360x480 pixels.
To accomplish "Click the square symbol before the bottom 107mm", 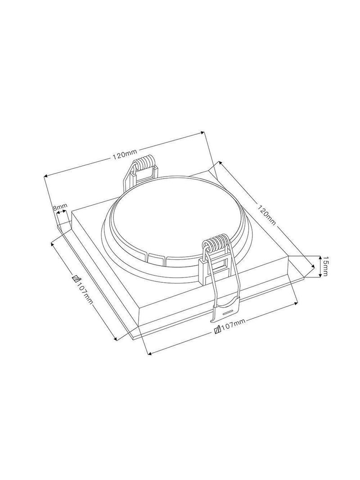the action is click(218, 330).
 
